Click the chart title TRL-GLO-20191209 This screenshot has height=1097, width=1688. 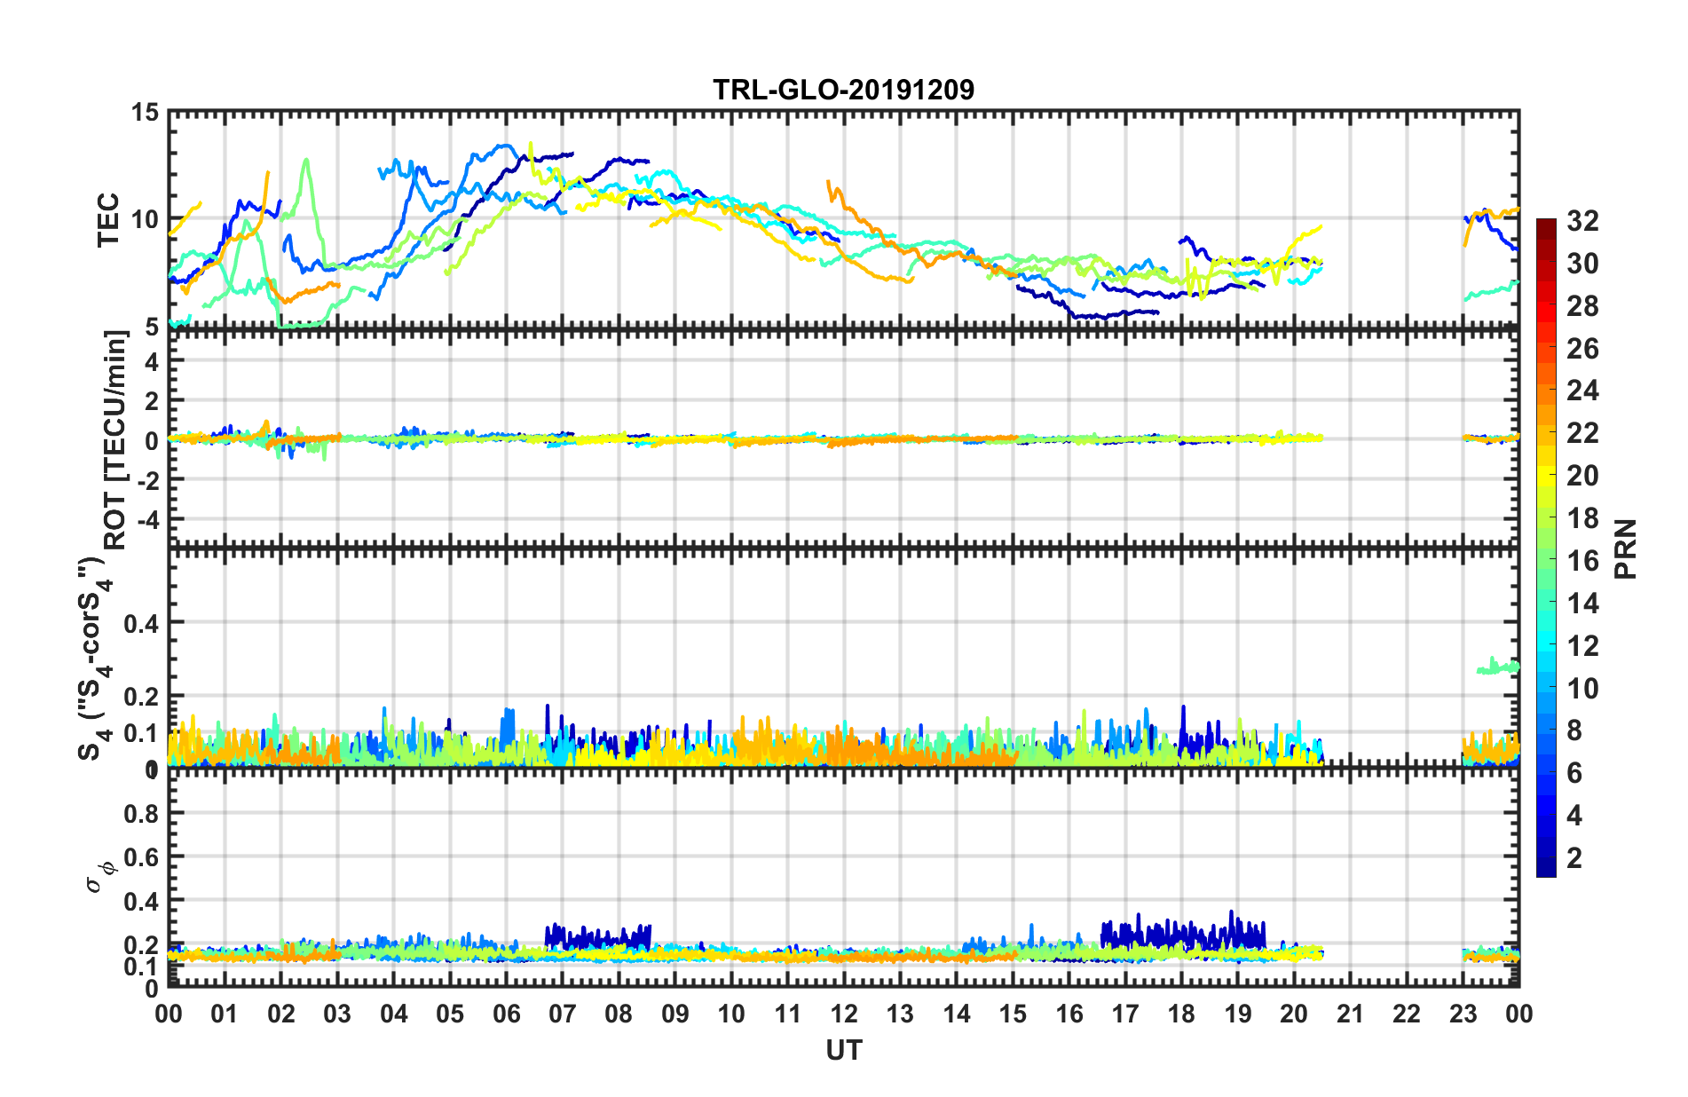843,90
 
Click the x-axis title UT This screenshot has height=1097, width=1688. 843,1051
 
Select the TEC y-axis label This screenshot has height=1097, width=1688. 108,219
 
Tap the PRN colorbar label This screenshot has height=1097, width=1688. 1626,548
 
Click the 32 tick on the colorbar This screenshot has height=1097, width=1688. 1582,221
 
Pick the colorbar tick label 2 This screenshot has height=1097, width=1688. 1575,858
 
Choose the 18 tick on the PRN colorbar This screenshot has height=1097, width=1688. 1582,518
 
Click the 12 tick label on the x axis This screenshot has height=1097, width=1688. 844,1014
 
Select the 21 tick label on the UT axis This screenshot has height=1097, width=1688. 1350,1014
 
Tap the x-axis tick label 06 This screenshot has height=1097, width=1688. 506,1014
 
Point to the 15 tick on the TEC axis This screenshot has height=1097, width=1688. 145,113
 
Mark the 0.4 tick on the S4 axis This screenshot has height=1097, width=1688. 141,623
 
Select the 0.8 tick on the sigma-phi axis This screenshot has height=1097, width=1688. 141,814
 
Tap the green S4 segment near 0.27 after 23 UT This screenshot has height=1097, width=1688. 1496,667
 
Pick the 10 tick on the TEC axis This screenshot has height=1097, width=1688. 145,219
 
